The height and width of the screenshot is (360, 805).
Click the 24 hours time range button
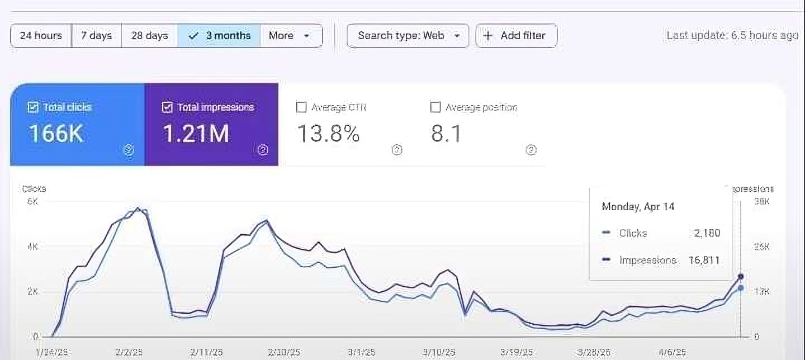coord(41,36)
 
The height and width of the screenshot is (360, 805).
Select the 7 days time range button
coord(96,36)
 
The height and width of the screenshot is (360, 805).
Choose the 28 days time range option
coord(149,36)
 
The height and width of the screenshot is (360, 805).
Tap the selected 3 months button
coord(219,36)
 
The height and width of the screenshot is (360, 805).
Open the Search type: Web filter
coord(408,36)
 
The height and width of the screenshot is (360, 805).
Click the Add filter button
coord(516,36)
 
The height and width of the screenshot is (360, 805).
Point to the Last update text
coord(732,35)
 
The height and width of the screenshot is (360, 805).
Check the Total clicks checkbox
coord(33,107)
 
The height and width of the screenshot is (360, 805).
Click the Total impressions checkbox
coord(167,107)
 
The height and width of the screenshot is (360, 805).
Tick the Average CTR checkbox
coord(301,107)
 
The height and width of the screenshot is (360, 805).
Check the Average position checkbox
coord(435,107)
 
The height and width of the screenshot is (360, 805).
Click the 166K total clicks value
coord(55,134)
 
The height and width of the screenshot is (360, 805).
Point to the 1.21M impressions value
coord(196,134)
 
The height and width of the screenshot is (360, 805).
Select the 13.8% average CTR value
coord(328,134)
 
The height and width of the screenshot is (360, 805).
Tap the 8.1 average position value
coord(446,134)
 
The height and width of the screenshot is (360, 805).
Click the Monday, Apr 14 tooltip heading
coord(638,207)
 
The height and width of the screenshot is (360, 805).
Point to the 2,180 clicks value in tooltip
coord(707,233)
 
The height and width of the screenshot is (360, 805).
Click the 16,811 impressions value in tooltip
coord(704,260)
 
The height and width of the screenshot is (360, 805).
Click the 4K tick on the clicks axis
coord(32,247)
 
